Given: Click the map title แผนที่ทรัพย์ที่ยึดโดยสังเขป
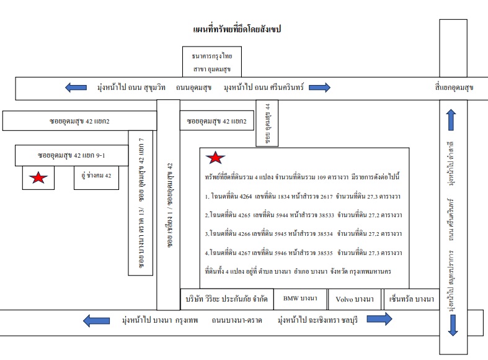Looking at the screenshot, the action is tap(237, 29).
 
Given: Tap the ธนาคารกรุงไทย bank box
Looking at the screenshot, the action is tap(212, 61).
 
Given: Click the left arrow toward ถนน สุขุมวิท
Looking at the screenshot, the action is tap(76, 88).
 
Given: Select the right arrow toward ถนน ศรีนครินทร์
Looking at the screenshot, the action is tap(319, 88).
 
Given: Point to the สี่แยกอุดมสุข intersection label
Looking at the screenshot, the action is tap(454, 88).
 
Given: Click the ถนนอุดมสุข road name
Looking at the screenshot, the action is tap(193, 88).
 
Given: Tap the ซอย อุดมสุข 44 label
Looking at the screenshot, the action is tap(267, 124).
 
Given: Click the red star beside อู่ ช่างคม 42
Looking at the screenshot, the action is tap(38, 178).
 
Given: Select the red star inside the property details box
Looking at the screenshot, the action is tap(215, 158).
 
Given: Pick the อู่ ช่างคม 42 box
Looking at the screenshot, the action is tap(96, 178).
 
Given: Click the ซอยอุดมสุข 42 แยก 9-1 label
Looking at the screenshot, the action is tap(71, 155).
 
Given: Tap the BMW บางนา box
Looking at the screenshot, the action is tap(300, 299).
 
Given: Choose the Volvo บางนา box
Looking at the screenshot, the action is tap(355, 299).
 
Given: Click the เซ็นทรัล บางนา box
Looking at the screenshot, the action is tap(412, 299).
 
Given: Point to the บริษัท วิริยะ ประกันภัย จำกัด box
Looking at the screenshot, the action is tap(227, 299).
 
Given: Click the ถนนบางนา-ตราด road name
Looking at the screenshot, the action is tap(237, 320).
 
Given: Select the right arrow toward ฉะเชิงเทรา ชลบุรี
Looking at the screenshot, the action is tap(379, 319).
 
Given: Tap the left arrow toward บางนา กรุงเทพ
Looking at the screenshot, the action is tap(97, 320).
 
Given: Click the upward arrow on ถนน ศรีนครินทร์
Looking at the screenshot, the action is tap(451, 120).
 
